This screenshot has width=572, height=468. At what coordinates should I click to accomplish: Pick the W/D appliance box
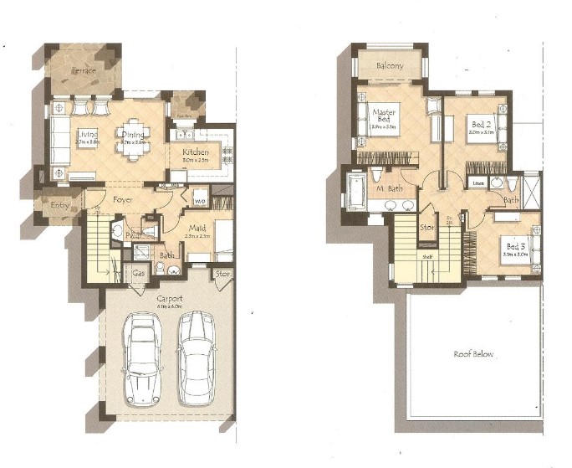pyautogui.click(x=199, y=201)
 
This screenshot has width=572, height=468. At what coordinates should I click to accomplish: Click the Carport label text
pyautogui.click(x=169, y=298)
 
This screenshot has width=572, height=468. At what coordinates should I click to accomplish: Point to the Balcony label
pyautogui.click(x=390, y=65)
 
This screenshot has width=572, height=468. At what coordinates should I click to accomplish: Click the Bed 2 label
pyautogui.click(x=480, y=122)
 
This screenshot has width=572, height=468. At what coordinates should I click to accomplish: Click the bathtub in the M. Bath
pyautogui.click(x=354, y=191)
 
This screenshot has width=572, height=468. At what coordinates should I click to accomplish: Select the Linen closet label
pyautogui.click(x=478, y=183)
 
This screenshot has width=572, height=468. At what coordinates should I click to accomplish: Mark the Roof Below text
pyautogui.click(x=474, y=354)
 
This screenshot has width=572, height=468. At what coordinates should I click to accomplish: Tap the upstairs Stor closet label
pyautogui.click(x=427, y=226)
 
